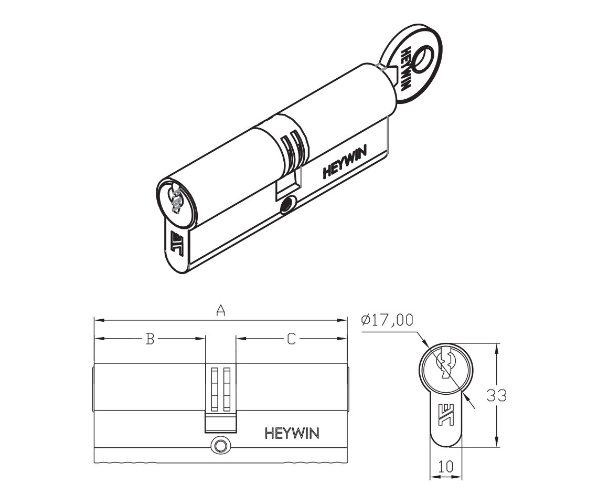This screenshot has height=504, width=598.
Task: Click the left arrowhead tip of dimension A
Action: [x=94, y=320]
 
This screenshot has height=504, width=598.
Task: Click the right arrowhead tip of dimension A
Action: [x=347, y=320]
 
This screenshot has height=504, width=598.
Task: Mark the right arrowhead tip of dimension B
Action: [x=205, y=338]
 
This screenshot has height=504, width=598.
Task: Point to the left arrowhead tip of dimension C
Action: [x=236, y=338]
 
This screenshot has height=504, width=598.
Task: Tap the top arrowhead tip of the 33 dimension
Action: [x=496, y=344]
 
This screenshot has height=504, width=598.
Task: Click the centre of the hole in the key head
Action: [x=423, y=58]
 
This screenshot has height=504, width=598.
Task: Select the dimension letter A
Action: [x=220, y=310]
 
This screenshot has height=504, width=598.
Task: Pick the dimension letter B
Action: [x=150, y=339]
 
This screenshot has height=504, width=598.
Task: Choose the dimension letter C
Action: [x=291, y=339]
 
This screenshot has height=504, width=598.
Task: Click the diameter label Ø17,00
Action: [x=388, y=320]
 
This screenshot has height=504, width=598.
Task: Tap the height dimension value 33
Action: [x=497, y=395]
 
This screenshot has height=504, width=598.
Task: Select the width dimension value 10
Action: [x=445, y=466]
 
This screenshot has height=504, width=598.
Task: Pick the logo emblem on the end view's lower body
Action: [x=446, y=414]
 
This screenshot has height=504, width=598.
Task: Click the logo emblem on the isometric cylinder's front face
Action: [x=177, y=242]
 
